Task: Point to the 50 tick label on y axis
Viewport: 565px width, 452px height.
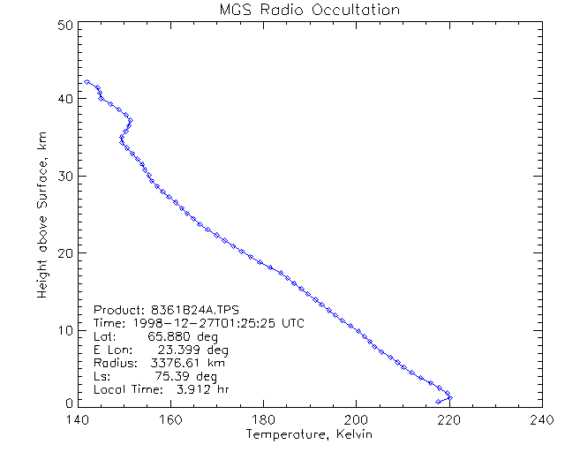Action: click(x=63, y=26)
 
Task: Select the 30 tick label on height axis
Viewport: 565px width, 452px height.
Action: click(x=63, y=176)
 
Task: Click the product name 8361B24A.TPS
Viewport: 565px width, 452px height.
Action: click(x=202, y=310)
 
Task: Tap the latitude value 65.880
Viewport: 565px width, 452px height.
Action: click(x=169, y=336)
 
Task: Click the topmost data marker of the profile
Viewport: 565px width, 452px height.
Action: click(x=87, y=81)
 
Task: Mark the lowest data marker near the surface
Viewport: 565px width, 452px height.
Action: click(x=438, y=402)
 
